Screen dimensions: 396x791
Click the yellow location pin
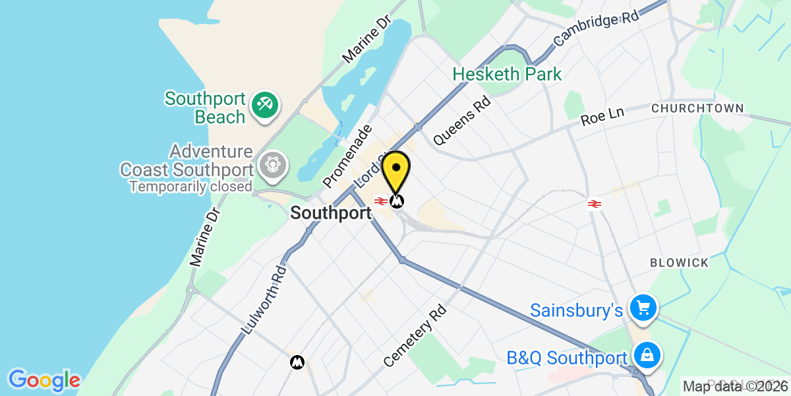coord(396,170)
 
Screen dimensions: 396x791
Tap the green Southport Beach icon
coord(265,106)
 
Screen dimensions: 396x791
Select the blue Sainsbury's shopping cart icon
coord(643,308)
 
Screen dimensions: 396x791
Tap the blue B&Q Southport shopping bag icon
coord(647,356)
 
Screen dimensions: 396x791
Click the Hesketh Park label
coord(507,74)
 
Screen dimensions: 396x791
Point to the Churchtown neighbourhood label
coord(697,108)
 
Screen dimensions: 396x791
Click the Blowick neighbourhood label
coord(679,263)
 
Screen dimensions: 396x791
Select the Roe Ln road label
coord(602,117)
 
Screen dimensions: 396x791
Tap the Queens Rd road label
coord(462,121)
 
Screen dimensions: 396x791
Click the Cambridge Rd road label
coord(597,28)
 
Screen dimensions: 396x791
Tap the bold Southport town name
coord(331,213)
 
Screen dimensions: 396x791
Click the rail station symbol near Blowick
coord(593,204)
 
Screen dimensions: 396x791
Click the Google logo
coord(44,380)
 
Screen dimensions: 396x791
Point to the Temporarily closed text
coord(190,187)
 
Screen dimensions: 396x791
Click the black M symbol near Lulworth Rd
coord(297,362)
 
